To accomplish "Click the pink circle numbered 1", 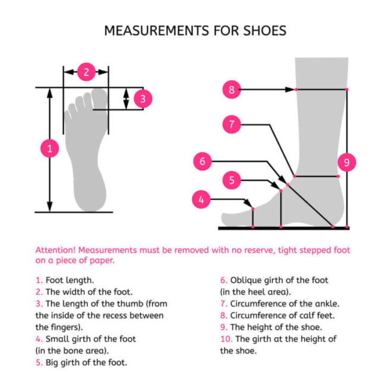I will pos(50,149).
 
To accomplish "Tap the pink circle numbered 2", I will pos(86,72).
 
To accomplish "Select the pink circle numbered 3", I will pos(143,99).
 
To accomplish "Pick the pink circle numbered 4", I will pos(201,200).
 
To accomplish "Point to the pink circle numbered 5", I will pos(232,180).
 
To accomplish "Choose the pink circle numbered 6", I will pos(203,161).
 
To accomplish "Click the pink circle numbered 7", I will pos(232,125).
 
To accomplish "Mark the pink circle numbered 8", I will pos(232,90).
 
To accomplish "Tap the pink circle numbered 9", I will pos(347,162).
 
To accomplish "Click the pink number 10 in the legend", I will pos(226,339).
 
